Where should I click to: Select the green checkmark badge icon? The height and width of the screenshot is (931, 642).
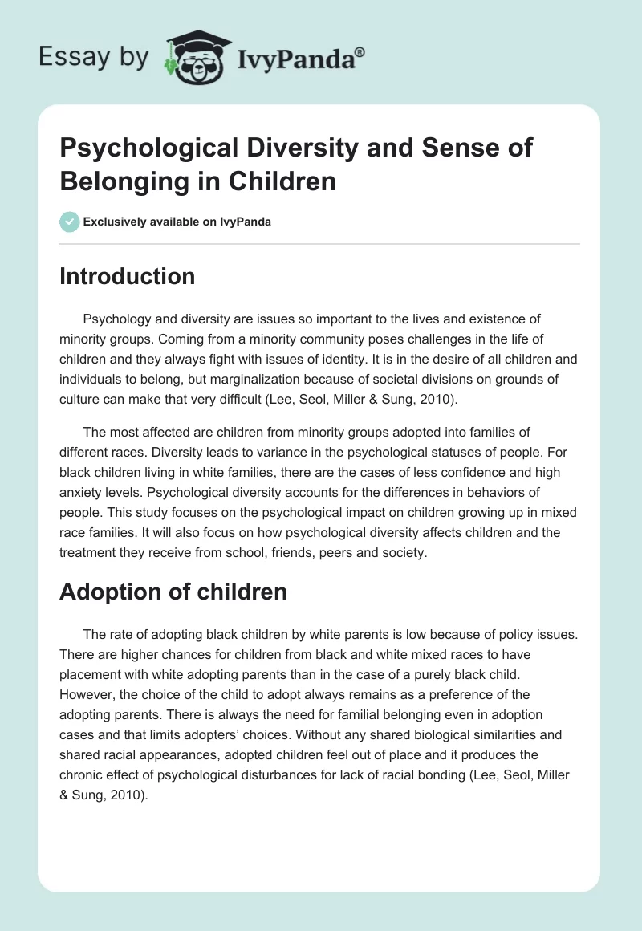tap(69, 222)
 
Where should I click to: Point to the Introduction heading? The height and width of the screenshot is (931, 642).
tap(127, 276)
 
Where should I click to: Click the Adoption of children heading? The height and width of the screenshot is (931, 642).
tap(173, 592)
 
